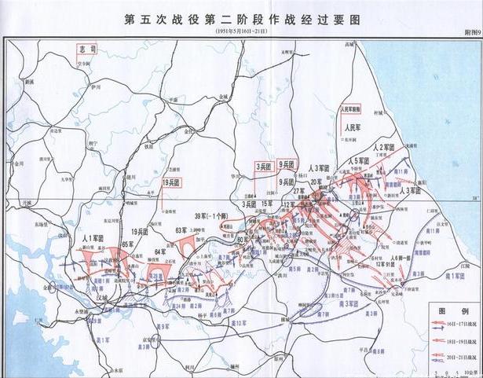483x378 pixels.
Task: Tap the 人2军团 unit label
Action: [387, 148]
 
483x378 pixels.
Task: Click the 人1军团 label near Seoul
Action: [93, 237]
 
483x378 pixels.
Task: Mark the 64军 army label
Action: [161, 251]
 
